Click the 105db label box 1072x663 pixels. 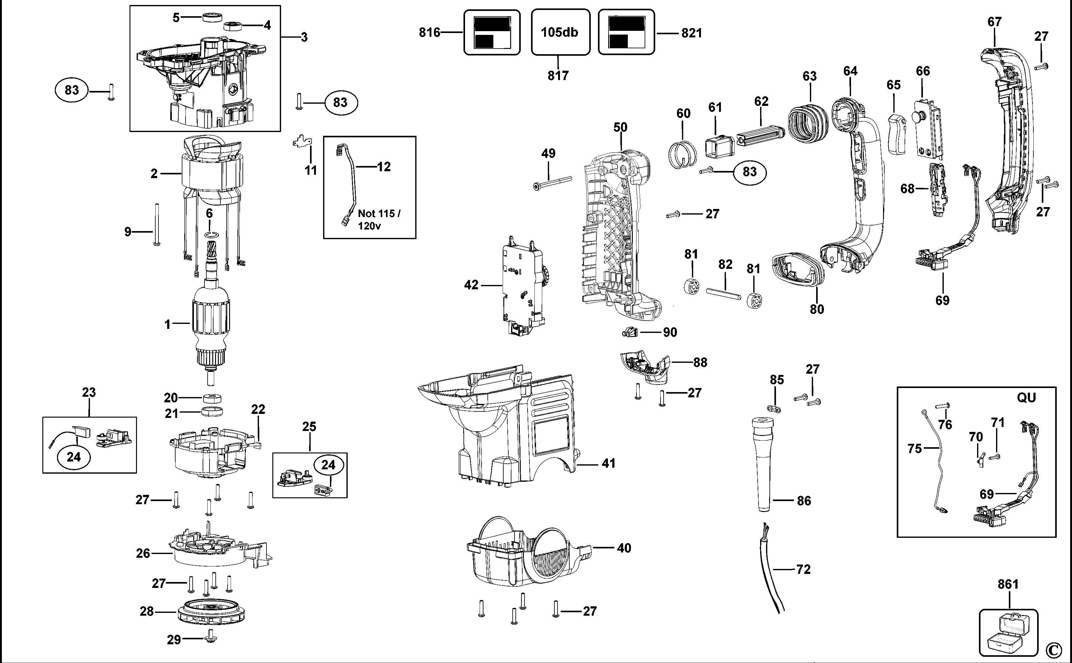[560, 32]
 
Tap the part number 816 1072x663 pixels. [429, 32]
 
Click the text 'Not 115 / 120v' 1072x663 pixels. [379, 219]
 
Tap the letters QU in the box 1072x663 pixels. [1026, 398]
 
